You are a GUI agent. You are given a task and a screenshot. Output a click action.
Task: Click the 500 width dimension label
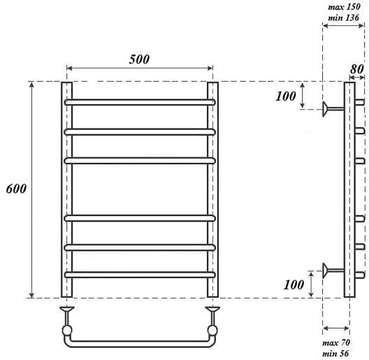139,59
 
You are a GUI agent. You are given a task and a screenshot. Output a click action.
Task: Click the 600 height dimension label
16,189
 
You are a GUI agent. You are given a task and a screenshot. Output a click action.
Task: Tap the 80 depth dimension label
356,69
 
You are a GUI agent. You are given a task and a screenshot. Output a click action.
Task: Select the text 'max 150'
344,7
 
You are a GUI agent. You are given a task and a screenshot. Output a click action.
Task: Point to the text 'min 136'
344,17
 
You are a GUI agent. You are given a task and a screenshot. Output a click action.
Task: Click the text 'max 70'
336,343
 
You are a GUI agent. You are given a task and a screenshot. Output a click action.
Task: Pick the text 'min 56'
335,354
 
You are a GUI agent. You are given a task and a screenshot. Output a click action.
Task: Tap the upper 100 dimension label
286,96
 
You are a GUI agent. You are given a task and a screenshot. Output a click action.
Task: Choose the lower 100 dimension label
294,285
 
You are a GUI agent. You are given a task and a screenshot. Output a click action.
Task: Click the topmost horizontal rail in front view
140,103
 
